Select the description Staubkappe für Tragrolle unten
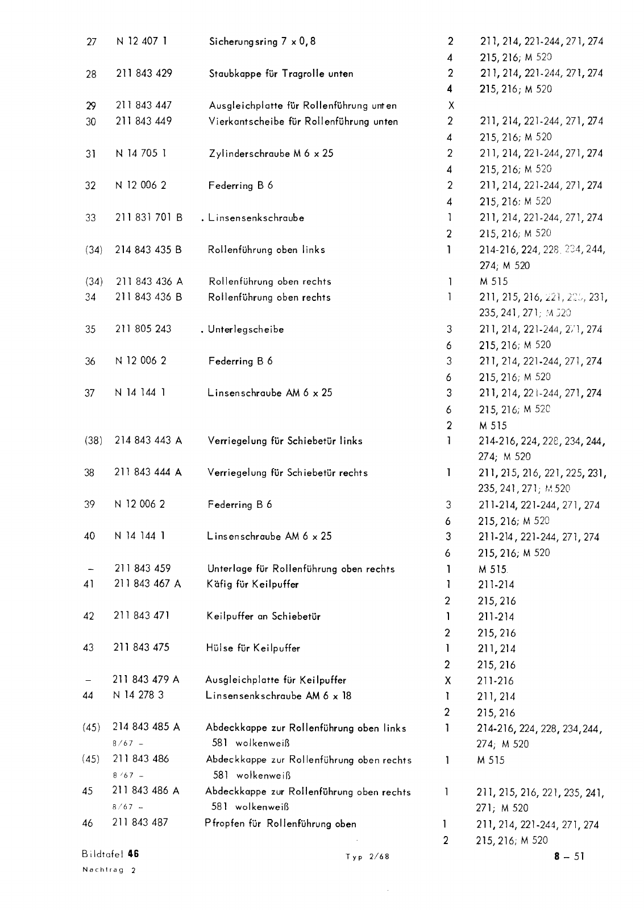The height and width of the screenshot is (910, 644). click(x=281, y=73)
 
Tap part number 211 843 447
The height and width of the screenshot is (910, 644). click(x=143, y=105)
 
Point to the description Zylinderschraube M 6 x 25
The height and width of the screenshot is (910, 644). click(x=271, y=154)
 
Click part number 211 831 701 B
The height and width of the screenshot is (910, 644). click(x=149, y=217)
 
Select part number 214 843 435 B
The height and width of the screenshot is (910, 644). click(x=148, y=249)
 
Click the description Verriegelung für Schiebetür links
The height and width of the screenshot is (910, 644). click(x=285, y=441)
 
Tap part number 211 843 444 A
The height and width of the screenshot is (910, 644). click(x=148, y=472)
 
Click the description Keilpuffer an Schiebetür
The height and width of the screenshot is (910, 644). click(x=263, y=616)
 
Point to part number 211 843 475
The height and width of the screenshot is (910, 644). click(x=142, y=647)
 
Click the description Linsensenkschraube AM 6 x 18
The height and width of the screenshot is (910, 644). click(x=279, y=696)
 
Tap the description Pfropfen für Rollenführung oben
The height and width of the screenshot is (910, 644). click(x=280, y=824)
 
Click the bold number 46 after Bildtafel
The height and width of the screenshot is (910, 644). click(x=134, y=854)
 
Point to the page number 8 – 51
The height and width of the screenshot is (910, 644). click(x=570, y=857)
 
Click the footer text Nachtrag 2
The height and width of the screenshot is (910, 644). click(x=109, y=870)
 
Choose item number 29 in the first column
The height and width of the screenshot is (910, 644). click(x=91, y=106)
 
